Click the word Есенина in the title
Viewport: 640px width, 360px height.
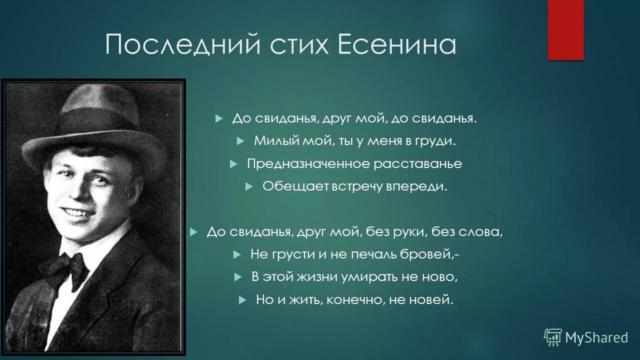[x=397, y=45]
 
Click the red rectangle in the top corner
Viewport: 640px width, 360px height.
[x=565, y=29]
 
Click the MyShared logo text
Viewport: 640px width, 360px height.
[x=596, y=337]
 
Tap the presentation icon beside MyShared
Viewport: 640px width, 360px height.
[x=552, y=337]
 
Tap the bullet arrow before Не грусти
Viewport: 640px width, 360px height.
[x=237, y=254]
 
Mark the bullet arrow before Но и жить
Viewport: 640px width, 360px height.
[x=242, y=300]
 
